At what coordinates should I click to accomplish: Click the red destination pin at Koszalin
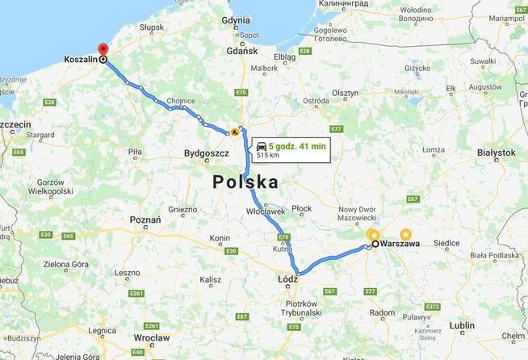(103, 50)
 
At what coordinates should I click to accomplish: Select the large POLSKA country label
(245, 182)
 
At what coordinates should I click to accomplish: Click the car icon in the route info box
(262, 146)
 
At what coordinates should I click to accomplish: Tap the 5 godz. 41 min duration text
(297, 145)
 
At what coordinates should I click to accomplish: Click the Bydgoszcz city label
(207, 153)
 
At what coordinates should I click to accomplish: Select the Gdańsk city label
(241, 51)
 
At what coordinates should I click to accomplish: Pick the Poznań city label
(145, 220)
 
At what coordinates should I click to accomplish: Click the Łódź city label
(287, 279)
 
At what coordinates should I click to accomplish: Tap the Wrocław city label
(153, 337)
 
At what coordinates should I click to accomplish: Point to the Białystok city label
(496, 152)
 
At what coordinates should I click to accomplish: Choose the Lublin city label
(463, 325)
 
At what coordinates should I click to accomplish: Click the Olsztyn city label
(342, 93)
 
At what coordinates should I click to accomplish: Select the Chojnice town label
(181, 101)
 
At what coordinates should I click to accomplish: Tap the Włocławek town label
(266, 211)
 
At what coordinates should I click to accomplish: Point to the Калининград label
(344, 4)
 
